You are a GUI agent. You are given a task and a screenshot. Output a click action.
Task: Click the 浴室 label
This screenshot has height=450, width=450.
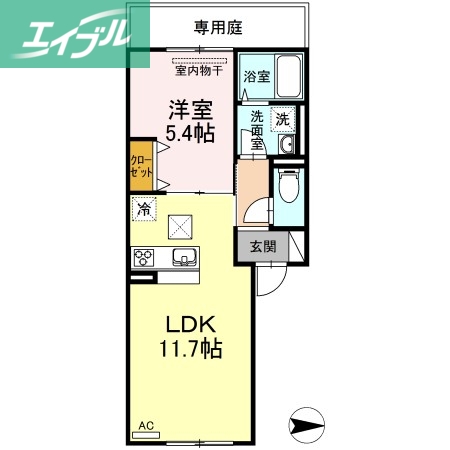[257, 75]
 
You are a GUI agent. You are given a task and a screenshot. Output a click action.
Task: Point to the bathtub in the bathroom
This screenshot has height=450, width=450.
[286, 78]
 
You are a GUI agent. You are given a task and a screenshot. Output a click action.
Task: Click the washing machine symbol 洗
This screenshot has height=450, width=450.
[283, 118]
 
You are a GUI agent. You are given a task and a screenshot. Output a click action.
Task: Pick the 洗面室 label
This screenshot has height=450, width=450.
[257, 130]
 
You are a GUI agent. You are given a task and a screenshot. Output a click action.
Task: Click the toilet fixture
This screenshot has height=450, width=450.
[287, 189]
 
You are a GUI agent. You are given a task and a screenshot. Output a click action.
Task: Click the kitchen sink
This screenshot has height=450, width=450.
[184, 258]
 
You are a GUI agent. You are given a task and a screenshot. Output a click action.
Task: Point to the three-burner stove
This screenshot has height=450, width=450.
[146, 258]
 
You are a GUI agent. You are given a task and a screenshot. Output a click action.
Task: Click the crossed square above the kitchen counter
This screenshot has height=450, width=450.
[180, 227]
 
